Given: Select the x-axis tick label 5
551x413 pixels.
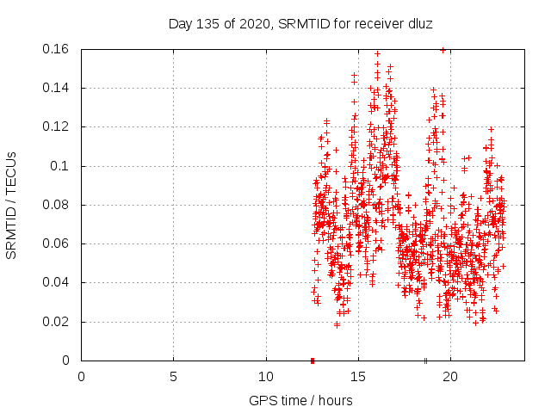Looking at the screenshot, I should pos(174,376).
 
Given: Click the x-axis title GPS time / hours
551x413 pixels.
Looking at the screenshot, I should pos(302,400).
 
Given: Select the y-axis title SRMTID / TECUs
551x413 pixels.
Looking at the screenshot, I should pos(12,205).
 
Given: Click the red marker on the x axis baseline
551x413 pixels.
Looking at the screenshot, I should pos(312,360).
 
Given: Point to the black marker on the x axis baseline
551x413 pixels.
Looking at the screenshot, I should pos(425,360).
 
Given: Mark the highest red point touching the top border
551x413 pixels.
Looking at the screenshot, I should pos(443,50).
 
